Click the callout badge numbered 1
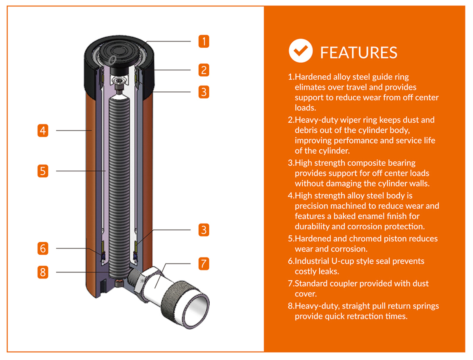204,41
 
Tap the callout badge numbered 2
204,70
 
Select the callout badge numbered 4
43,131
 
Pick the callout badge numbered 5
43,171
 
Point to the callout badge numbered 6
43,248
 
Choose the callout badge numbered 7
204,263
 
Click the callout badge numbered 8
43,272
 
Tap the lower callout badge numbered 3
204,230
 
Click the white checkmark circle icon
301,50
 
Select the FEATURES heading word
359,52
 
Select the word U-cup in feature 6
343,261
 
